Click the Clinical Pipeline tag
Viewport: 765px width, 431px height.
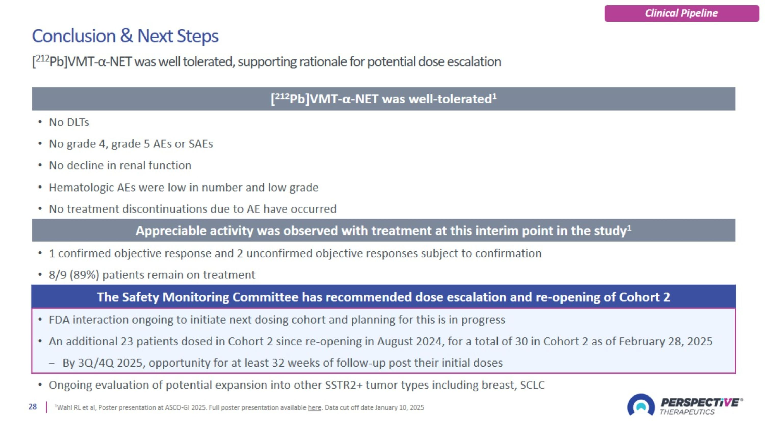pos(682,13)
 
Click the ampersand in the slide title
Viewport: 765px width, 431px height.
pos(126,36)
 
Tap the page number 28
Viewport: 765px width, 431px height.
pos(33,407)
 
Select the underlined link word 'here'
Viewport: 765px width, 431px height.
pos(314,407)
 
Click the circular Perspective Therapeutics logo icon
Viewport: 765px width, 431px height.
pos(641,405)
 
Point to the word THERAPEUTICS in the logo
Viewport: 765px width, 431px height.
pos(687,412)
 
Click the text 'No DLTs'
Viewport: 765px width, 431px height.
pos(69,122)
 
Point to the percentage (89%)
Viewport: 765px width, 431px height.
pos(84,275)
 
